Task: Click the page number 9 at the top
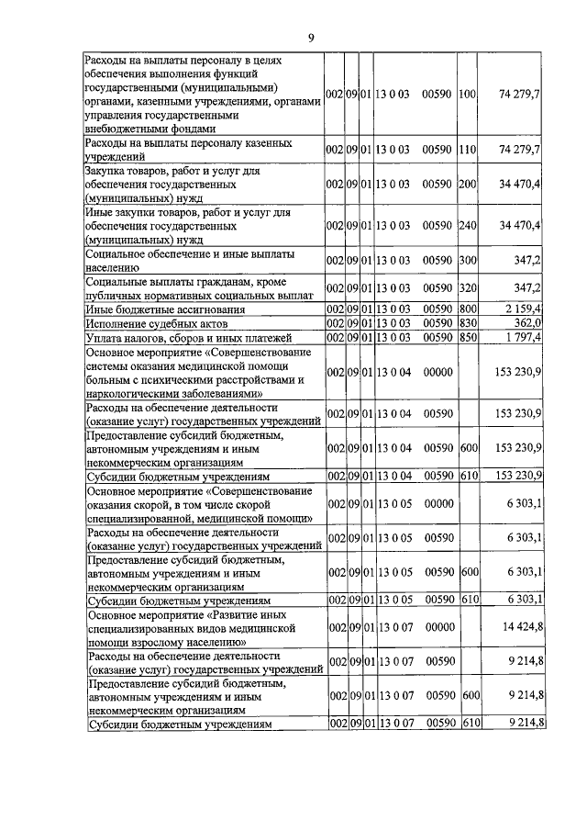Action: (310, 38)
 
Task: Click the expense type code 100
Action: (468, 95)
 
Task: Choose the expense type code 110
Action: (468, 149)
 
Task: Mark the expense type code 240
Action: (468, 225)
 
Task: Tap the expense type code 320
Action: (468, 287)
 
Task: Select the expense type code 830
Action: (468, 323)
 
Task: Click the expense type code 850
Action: (468, 338)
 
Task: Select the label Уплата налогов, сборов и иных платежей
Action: (187, 338)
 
